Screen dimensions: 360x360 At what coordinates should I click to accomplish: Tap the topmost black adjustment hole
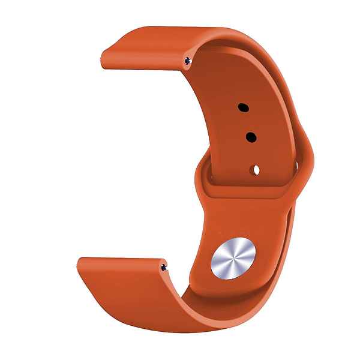click(x=243, y=108)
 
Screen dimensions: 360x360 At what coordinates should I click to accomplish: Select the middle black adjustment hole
click(x=251, y=138)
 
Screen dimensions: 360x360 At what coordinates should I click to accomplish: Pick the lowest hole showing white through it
click(x=256, y=170)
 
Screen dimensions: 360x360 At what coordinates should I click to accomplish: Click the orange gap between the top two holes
click(x=247, y=123)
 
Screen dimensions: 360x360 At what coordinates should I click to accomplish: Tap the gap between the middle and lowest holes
click(x=253, y=154)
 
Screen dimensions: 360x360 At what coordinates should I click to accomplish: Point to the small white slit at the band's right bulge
click(x=296, y=164)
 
